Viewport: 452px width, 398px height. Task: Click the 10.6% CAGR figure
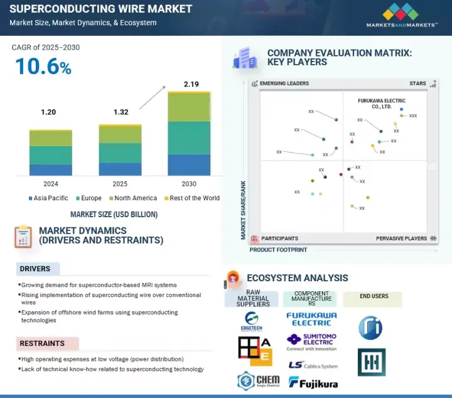[43, 67]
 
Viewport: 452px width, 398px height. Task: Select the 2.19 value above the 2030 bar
[191, 84]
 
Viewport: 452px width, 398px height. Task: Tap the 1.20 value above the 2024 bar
[48, 112]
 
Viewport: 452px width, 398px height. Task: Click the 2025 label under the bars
[119, 184]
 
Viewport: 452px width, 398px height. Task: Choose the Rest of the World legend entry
[193, 198]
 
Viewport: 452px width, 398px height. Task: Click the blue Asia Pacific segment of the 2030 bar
[189, 164]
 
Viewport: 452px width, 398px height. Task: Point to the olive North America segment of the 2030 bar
[189, 107]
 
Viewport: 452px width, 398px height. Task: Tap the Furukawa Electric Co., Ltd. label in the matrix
[381, 104]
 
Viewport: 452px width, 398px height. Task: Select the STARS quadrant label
[417, 83]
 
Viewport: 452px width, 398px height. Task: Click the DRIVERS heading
[35, 269]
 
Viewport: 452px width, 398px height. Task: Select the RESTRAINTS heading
[42, 343]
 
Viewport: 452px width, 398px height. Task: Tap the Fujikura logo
[313, 382]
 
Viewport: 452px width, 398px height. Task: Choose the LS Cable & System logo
[313, 365]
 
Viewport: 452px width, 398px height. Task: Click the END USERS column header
[374, 296]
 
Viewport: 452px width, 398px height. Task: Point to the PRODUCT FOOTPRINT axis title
[279, 250]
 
